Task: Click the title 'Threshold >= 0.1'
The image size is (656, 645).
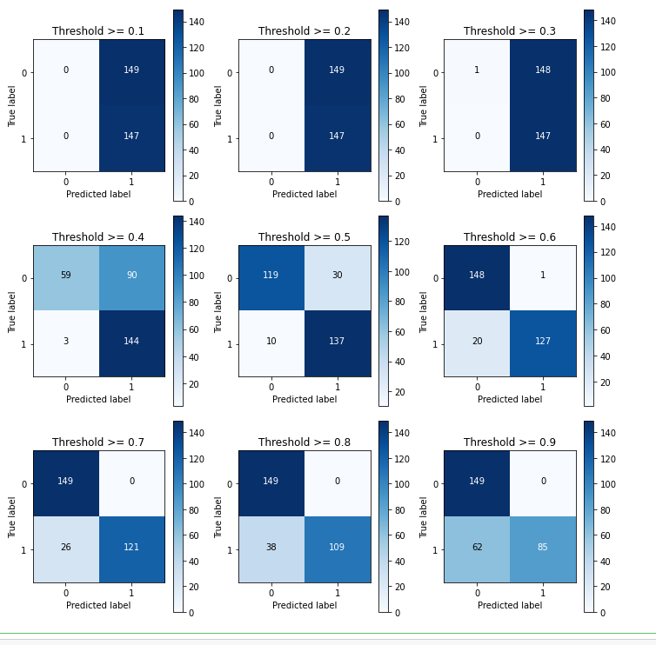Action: [x=98, y=31]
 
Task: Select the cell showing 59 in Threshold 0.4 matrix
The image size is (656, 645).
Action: [x=66, y=276]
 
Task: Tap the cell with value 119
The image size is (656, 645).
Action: [x=271, y=276]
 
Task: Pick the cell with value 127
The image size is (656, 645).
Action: [x=543, y=342]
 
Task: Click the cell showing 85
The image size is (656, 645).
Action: [x=543, y=548]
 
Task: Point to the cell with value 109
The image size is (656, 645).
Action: [x=337, y=548]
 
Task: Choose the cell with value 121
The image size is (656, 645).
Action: [x=131, y=548]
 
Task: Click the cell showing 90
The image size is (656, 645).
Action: [x=131, y=276]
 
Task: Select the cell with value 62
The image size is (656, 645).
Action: [x=477, y=548]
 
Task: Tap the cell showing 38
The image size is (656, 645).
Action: [x=271, y=548]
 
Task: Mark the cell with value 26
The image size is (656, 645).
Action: [x=66, y=548]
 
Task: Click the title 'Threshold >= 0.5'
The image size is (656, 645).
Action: [x=305, y=237]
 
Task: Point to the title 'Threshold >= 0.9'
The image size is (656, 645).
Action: [x=510, y=442]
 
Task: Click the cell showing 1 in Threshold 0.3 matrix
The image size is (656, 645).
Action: [x=477, y=70]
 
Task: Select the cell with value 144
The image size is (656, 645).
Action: [x=131, y=342]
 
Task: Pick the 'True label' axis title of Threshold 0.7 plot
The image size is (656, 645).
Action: [x=13, y=516]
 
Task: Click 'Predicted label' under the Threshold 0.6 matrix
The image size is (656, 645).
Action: [x=510, y=400]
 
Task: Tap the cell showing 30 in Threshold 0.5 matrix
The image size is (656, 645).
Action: [x=337, y=276]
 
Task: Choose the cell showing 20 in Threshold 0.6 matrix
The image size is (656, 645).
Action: [x=477, y=342]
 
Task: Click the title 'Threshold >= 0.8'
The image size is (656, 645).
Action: [x=305, y=442]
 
